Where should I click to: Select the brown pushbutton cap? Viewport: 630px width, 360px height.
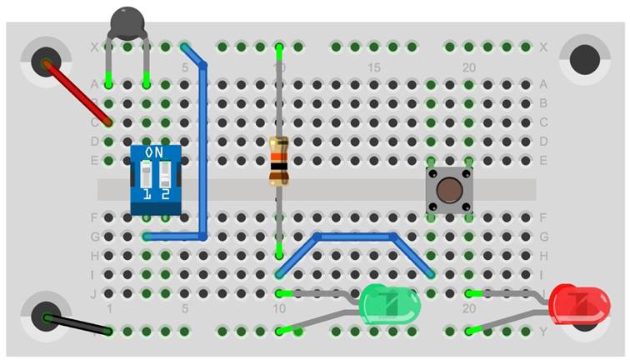click(x=447, y=190)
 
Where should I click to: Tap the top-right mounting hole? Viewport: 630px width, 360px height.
click(x=584, y=59)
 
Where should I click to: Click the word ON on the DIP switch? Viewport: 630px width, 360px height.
click(x=155, y=152)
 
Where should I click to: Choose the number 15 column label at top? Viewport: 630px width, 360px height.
click(x=374, y=67)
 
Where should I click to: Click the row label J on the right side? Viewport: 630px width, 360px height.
click(x=542, y=292)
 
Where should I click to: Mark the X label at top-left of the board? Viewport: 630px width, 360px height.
click(x=93, y=47)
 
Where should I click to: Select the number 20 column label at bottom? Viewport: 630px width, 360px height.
click(x=469, y=308)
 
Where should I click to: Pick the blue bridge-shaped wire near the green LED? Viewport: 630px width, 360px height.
click(x=355, y=237)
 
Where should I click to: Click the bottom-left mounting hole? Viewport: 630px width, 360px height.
click(x=42, y=316)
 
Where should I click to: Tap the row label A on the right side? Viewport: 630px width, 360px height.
click(x=542, y=84)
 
